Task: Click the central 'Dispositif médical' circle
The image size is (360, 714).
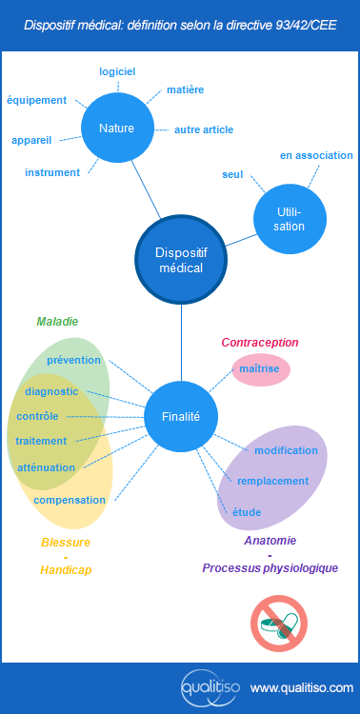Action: click(x=181, y=260)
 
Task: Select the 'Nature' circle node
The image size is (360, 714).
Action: click(x=115, y=129)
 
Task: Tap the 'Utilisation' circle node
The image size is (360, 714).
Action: click(x=290, y=219)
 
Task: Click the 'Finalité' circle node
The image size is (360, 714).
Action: click(x=181, y=416)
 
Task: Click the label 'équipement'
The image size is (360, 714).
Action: click(x=37, y=100)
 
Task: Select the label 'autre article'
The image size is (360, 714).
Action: click(x=204, y=129)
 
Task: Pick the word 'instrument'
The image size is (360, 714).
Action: click(x=52, y=172)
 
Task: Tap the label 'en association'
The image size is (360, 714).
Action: click(x=316, y=155)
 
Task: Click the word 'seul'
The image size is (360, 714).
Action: click(x=232, y=175)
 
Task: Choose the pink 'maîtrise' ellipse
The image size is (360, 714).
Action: click(x=260, y=368)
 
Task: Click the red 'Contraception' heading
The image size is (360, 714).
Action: click(x=260, y=343)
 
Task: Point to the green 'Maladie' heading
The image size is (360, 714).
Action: click(x=57, y=322)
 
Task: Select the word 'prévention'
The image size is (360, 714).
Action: click(x=73, y=360)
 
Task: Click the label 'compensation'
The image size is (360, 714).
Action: click(x=70, y=500)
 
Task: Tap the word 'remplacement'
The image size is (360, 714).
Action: click(x=272, y=481)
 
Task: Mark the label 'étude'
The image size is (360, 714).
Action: click(x=247, y=512)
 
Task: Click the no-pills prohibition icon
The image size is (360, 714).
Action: click(x=277, y=623)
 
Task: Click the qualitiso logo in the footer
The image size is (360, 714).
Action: click(x=210, y=686)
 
